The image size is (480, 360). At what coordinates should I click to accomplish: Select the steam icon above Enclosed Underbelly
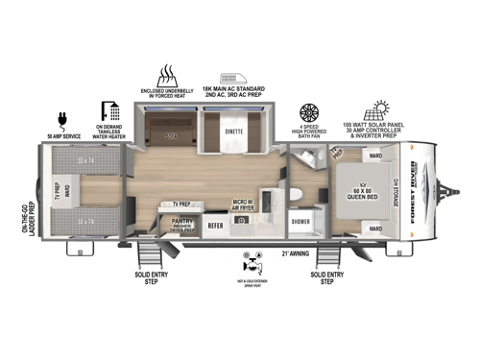169,74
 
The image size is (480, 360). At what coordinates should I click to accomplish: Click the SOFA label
173,137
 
